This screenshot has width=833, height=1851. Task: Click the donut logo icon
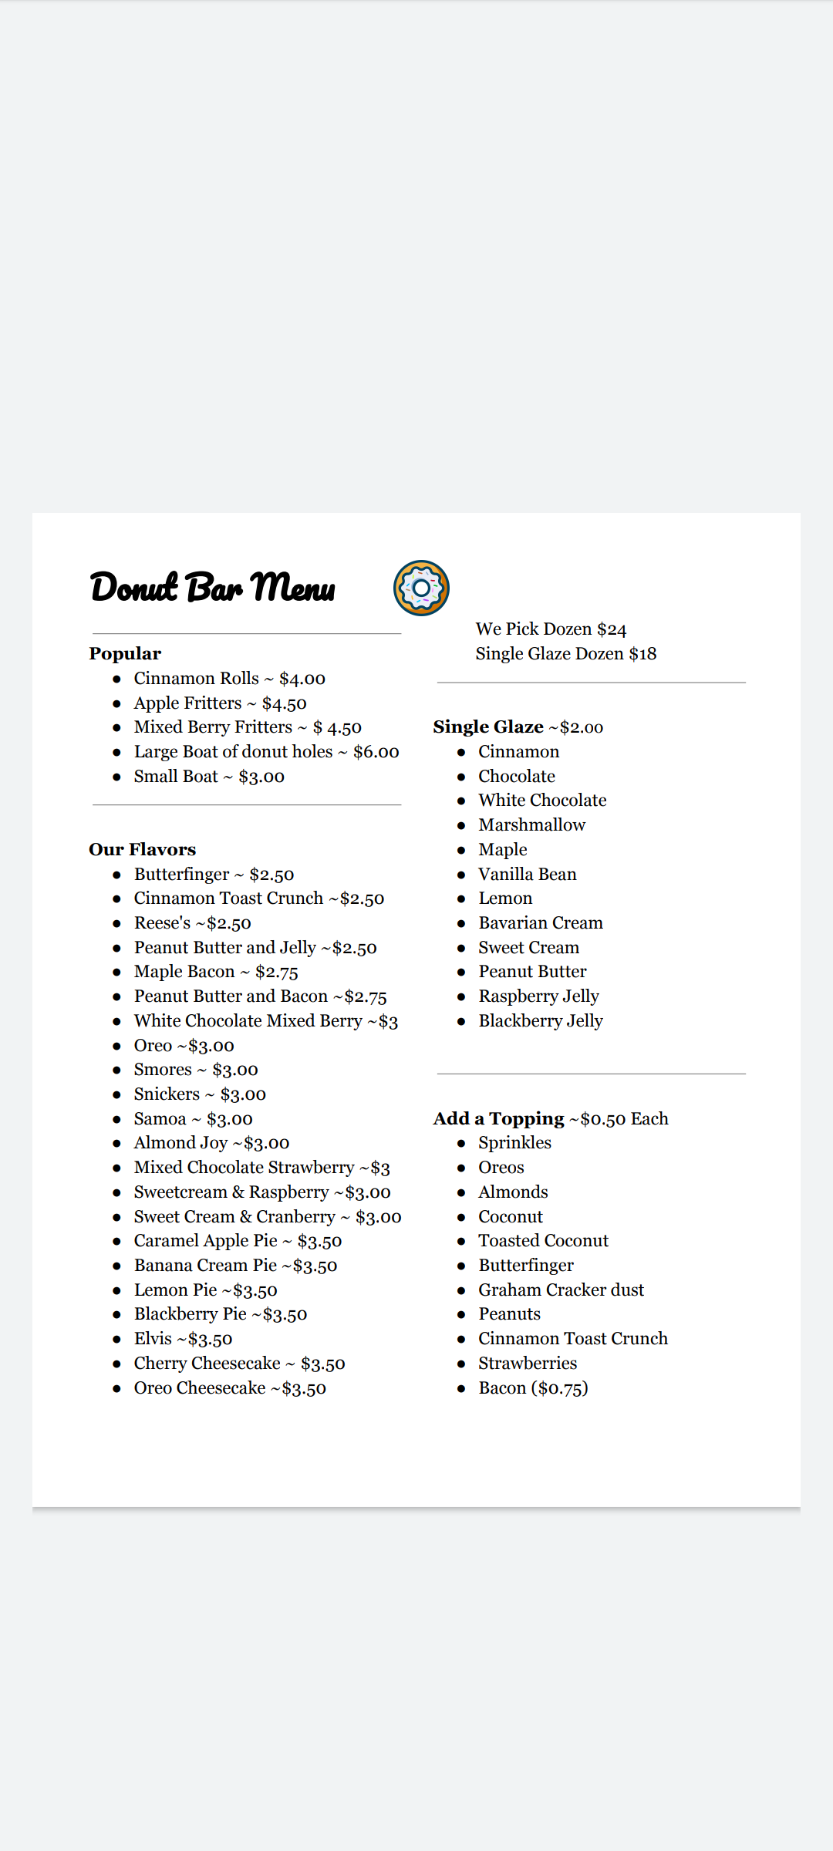(x=421, y=588)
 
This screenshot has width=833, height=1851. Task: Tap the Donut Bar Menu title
(x=213, y=588)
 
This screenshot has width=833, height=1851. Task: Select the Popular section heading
(x=125, y=654)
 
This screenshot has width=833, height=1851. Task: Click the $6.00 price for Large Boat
(x=376, y=752)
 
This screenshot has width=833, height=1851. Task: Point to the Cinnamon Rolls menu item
(x=197, y=679)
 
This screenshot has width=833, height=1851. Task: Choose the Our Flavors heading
(x=143, y=850)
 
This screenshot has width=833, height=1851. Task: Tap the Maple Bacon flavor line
(x=216, y=972)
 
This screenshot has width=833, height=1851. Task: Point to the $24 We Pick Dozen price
(x=612, y=629)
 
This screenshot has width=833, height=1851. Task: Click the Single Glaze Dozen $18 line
(x=566, y=654)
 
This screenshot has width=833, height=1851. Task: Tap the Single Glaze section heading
(x=488, y=727)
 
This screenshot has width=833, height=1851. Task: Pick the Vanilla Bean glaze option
(x=528, y=875)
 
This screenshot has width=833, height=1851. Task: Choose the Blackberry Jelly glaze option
(x=541, y=1021)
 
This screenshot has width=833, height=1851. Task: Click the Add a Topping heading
(x=499, y=1119)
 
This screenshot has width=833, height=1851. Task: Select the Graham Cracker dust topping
(x=561, y=1290)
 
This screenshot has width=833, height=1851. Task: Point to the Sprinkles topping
(x=514, y=1143)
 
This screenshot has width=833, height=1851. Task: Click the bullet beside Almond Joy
(x=116, y=1144)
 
